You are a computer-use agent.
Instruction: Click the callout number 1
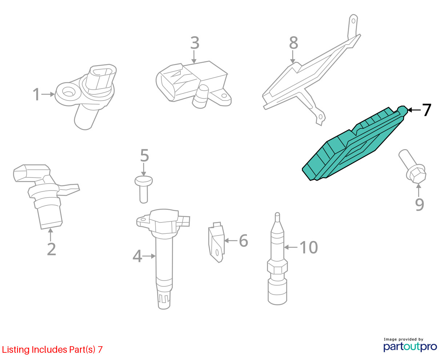click(36, 94)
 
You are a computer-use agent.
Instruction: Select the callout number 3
click(195, 43)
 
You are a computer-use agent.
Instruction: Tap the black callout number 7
click(426, 110)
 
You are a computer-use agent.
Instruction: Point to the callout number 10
click(309, 247)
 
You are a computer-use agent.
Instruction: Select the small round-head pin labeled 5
click(144, 189)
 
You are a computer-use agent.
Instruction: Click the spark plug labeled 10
click(277, 259)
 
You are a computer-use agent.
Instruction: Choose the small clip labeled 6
click(216, 242)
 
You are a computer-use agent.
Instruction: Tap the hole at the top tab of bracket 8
click(353, 21)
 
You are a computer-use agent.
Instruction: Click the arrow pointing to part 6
click(231, 241)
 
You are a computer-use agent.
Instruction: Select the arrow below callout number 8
click(293, 57)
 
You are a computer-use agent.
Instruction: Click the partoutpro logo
click(410, 347)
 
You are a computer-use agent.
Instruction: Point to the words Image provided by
click(404, 339)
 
